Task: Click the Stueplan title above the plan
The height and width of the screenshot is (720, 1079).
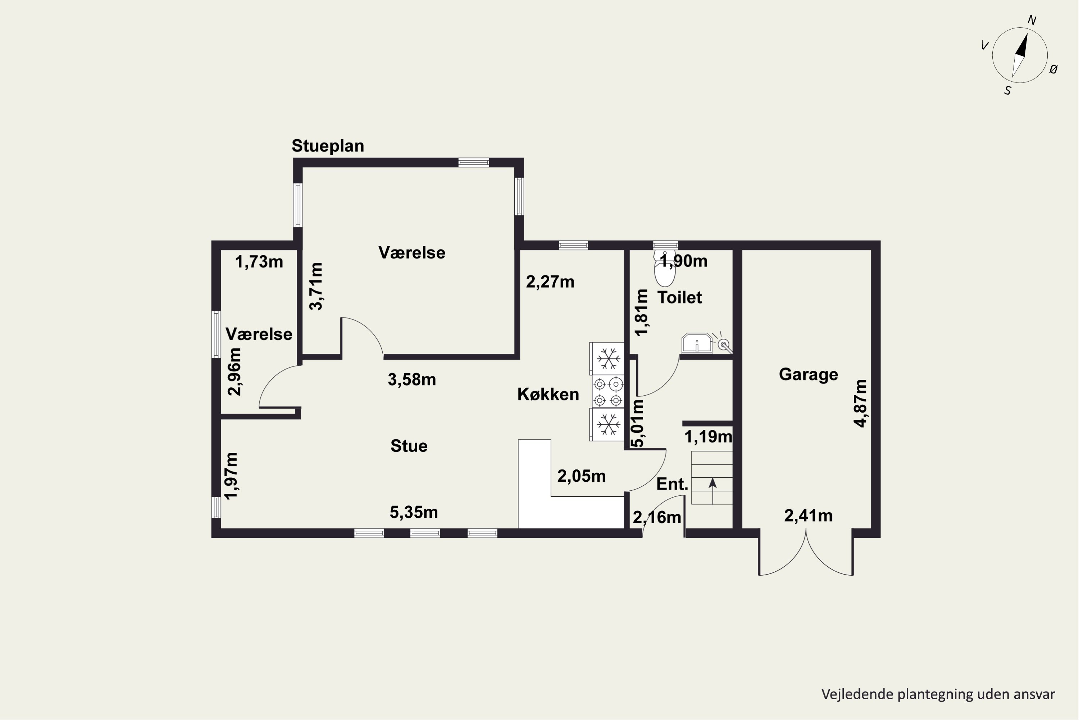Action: pos(328,146)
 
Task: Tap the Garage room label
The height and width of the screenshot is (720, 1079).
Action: pos(808,375)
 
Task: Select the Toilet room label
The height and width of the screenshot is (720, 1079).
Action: pos(679,298)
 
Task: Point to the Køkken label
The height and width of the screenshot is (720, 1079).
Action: pos(548,395)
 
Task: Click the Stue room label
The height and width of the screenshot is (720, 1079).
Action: pos(409,446)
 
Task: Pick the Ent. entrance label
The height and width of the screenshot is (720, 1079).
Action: pos(672,484)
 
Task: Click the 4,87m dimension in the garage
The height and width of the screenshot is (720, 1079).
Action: pos(861,403)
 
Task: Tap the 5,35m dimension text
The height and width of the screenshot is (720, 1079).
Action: pos(414,512)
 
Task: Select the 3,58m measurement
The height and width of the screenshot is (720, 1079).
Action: pos(412,380)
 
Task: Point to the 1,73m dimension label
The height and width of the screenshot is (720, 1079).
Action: pos(259,262)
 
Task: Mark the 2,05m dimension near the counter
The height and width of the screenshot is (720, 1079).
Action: pos(582,477)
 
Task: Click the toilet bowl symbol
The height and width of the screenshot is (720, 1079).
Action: pos(665,269)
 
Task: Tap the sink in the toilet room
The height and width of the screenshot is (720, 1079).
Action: pos(697,343)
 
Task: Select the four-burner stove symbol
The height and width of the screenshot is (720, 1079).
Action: pos(607,391)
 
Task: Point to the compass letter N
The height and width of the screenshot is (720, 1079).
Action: pos(1032,20)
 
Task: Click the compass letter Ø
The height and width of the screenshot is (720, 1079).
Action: pos(1054,69)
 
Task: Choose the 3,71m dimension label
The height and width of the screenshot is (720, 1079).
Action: pos(316,287)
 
